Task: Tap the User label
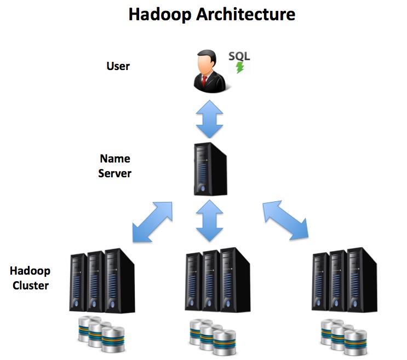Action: pyautogui.click(x=118, y=66)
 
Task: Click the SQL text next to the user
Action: pyautogui.click(x=239, y=57)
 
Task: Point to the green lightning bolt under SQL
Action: pyautogui.click(x=239, y=68)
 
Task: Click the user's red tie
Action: pyautogui.click(x=204, y=82)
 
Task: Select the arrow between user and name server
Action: pyautogui.click(x=209, y=118)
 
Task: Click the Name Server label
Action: pyautogui.click(x=115, y=166)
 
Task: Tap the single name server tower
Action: pyautogui.click(x=210, y=170)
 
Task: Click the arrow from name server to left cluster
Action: pyautogui.click(x=152, y=222)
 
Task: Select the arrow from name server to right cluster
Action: pyautogui.click(x=285, y=220)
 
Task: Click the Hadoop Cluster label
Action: pyautogui.click(x=30, y=278)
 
